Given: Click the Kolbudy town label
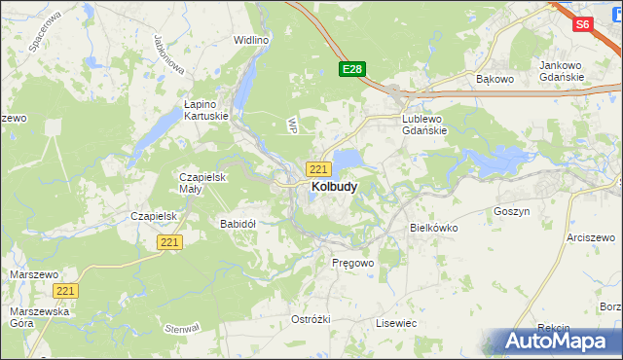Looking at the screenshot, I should (334, 186).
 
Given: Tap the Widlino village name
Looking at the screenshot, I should (250, 41).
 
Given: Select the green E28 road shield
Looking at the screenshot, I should (352, 69).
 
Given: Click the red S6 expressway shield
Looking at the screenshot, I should (583, 25).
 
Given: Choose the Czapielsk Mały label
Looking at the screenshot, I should (202, 183).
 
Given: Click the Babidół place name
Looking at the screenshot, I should (238, 224).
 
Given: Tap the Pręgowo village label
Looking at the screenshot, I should (352, 264).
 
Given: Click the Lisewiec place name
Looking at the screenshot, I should (396, 322).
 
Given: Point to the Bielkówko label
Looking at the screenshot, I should (434, 228).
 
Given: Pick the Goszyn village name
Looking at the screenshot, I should (511, 211).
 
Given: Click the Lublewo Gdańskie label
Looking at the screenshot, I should (424, 125).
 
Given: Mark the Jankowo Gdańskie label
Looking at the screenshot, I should (562, 71).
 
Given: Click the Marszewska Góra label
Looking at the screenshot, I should (37, 317).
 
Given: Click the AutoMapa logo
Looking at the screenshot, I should (556, 342).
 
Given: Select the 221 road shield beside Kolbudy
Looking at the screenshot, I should (318, 169).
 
